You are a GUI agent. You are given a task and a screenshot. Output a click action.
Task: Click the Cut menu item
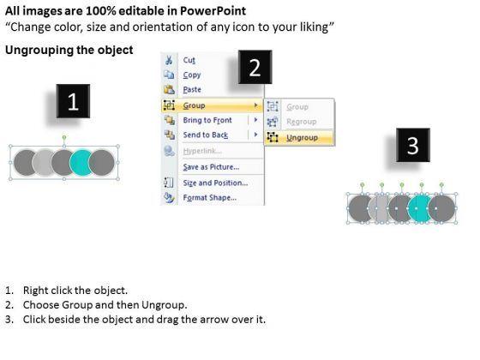(x=189, y=60)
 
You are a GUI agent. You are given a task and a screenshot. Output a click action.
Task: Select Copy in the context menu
(x=192, y=75)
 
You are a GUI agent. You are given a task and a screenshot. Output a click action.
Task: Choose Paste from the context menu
(x=192, y=90)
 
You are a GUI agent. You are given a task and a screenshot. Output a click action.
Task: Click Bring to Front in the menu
(x=207, y=120)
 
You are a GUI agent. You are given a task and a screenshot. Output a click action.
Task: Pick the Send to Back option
(x=206, y=135)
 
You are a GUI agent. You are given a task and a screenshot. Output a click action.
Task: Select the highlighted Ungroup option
(x=302, y=138)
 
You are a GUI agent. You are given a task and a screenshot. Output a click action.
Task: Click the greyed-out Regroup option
(x=301, y=122)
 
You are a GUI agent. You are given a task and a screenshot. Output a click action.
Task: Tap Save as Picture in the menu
(x=211, y=167)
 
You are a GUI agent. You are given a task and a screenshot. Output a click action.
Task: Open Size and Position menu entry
(x=215, y=183)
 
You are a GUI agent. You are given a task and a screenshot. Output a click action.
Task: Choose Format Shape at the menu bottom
(x=210, y=198)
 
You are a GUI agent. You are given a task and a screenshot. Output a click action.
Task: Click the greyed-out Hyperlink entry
(x=202, y=151)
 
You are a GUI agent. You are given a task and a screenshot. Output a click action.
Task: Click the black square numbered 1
(x=73, y=101)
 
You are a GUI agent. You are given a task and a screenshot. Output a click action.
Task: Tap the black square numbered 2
(x=255, y=67)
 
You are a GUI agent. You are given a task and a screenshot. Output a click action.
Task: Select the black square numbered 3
(x=413, y=145)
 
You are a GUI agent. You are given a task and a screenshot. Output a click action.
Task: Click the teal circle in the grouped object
(x=81, y=163)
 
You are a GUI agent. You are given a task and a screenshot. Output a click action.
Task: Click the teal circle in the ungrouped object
(x=418, y=208)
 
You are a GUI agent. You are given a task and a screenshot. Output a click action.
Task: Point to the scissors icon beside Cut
(x=169, y=60)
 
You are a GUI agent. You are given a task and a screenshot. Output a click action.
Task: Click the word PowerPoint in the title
(x=213, y=11)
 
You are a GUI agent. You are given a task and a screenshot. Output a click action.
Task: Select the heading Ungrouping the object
(x=69, y=50)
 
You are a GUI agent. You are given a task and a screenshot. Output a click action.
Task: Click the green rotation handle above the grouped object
(x=64, y=137)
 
